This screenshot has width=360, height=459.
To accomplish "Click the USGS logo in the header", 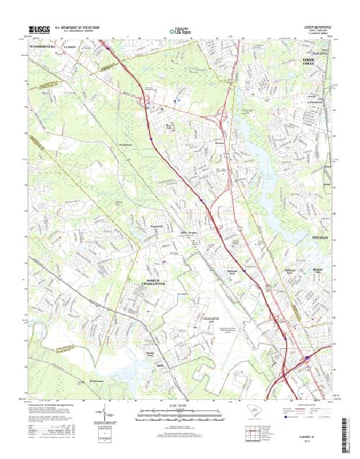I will point(41,30).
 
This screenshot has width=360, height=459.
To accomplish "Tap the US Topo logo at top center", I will point(181,32).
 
